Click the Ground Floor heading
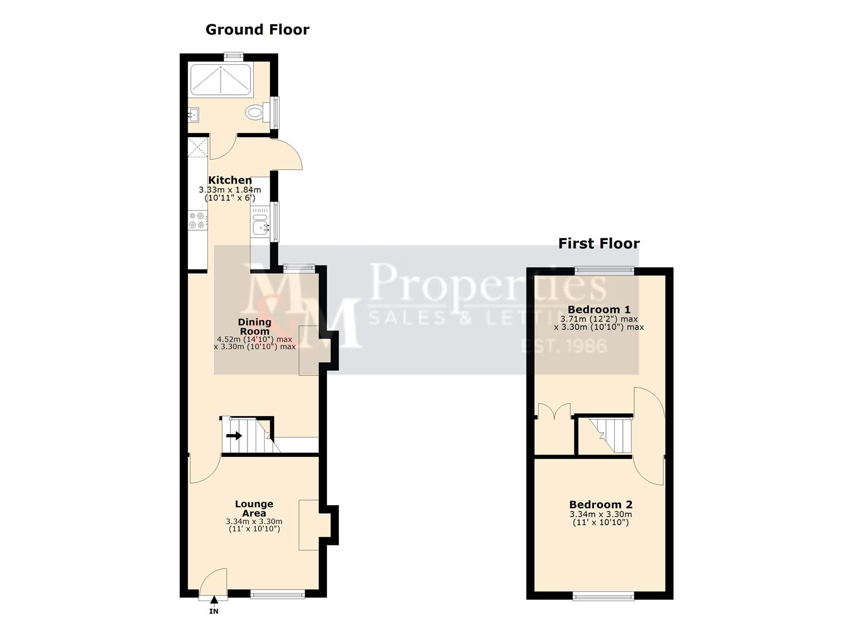click(x=257, y=30)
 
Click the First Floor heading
click(x=599, y=244)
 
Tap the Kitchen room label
click(x=230, y=180)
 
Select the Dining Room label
click(x=254, y=327)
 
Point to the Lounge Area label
click(x=254, y=509)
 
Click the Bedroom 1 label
click(x=599, y=310)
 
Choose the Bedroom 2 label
click(x=600, y=505)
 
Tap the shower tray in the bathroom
click(x=221, y=80)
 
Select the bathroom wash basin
click(x=192, y=115)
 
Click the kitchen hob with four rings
click(x=198, y=220)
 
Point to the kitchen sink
click(x=260, y=222)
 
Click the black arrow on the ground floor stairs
click(x=234, y=436)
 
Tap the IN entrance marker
click(x=214, y=611)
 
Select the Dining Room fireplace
click(x=310, y=351)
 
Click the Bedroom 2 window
click(x=603, y=596)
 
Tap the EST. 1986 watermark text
click(x=563, y=346)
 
